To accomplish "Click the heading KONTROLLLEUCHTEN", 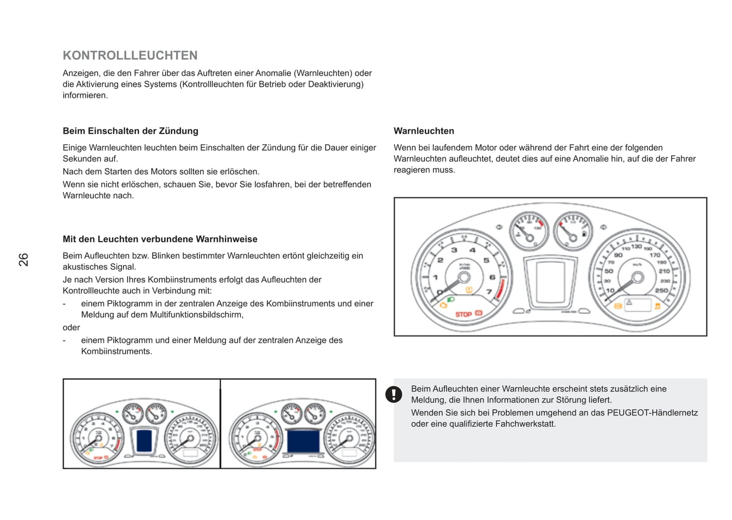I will click(x=130, y=55).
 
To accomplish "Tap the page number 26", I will click(x=23, y=259).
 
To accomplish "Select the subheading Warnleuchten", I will click(x=423, y=131).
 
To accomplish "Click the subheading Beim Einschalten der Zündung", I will click(x=130, y=131).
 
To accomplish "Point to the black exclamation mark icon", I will click(x=394, y=394).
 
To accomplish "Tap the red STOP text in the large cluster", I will click(x=463, y=314).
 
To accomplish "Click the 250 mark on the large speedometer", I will click(x=661, y=290).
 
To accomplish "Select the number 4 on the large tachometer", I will click(x=472, y=250).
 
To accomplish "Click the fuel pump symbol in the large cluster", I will click(x=584, y=234).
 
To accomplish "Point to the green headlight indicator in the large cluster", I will click(x=451, y=301).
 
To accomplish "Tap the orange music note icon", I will click(x=657, y=306).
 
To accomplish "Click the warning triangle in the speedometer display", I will click(x=629, y=303).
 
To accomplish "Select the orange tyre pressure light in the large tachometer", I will click(x=469, y=289).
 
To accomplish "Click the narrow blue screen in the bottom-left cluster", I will click(x=144, y=440).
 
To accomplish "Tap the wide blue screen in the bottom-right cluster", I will click(x=303, y=441).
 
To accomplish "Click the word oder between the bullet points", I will click(x=71, y=327).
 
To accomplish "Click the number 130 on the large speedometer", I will click(x=636, y=246).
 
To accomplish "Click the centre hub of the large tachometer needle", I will click(x=463, y=277).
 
